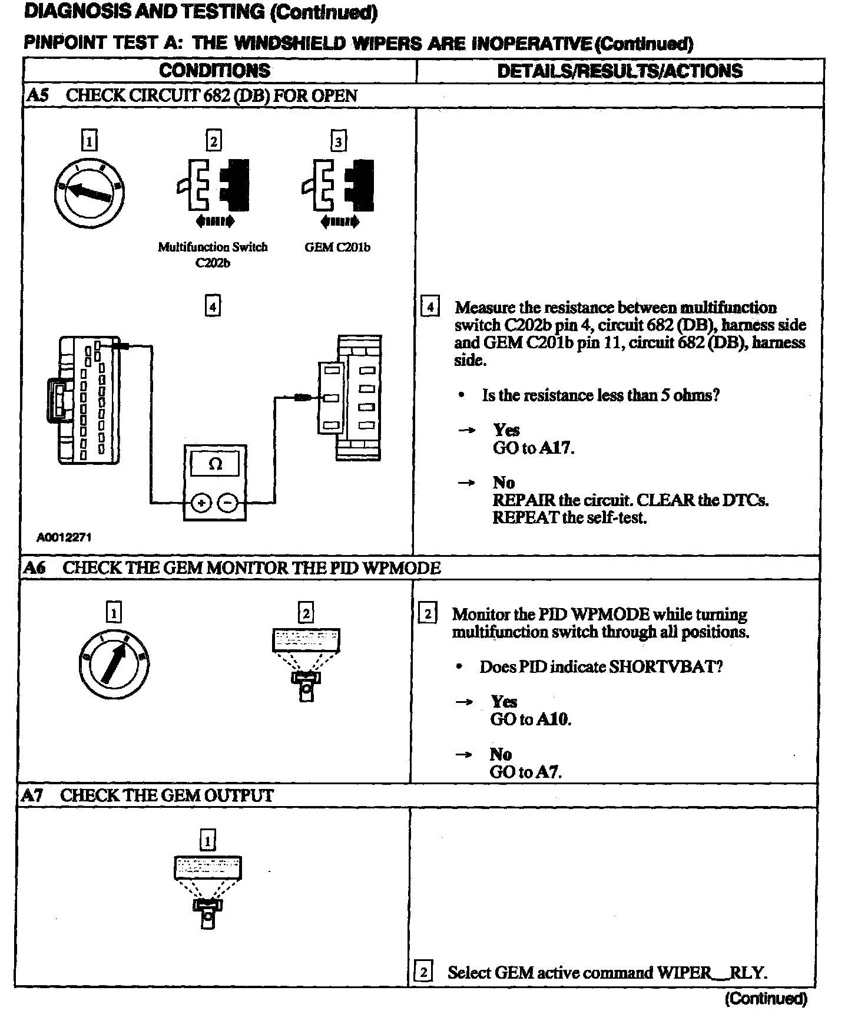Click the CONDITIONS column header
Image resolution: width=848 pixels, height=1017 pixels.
214,71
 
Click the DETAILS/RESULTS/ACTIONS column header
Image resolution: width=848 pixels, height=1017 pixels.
620,71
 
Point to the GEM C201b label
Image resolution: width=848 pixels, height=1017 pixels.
337,247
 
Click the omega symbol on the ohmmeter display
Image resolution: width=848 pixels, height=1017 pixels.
216,464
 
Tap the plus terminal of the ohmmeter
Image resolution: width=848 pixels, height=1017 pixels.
201,503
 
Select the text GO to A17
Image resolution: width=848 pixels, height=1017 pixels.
533,448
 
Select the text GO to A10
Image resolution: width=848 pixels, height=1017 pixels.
531,719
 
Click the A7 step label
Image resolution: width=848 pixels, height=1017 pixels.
32,795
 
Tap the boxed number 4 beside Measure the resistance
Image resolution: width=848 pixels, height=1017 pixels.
430,308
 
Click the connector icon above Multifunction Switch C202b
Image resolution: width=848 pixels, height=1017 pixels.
213,185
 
